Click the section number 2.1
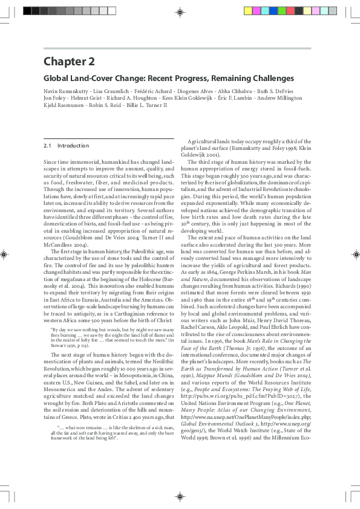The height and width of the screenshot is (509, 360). tap(47, 146)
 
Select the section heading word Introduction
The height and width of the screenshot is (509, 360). tap(73, 146)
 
